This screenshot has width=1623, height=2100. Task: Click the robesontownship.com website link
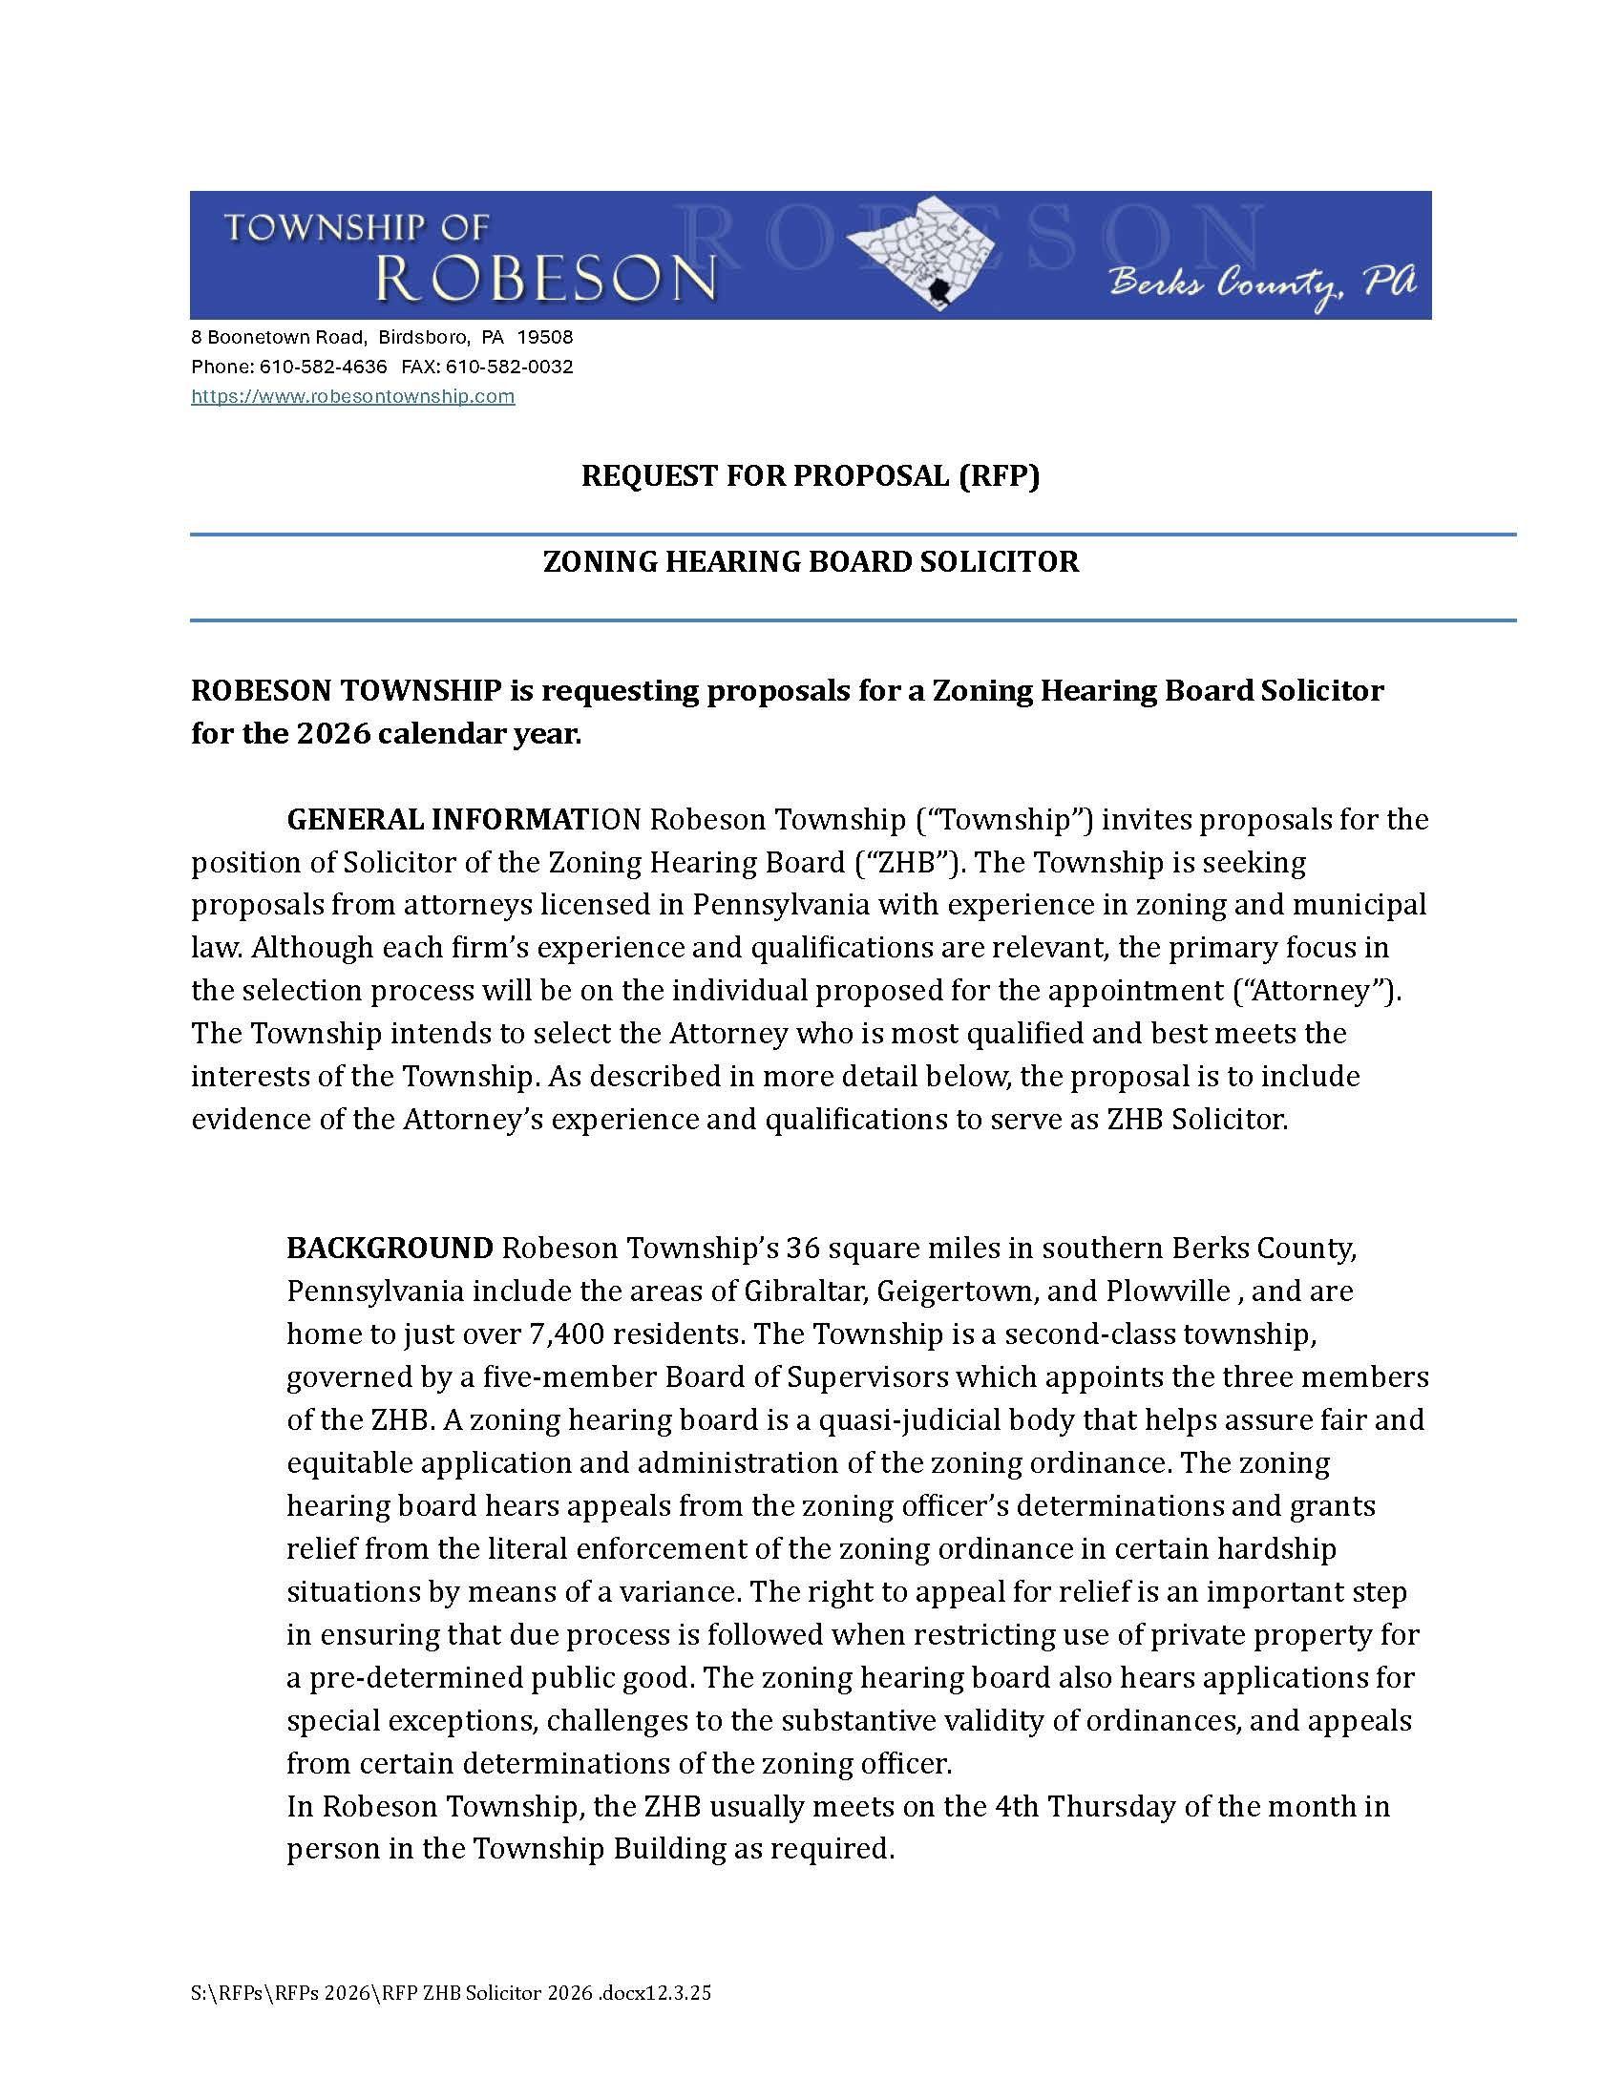pos(353,396)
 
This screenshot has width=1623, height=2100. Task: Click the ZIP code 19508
pos(545,338)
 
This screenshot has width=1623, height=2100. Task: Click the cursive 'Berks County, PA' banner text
pos(1262,284)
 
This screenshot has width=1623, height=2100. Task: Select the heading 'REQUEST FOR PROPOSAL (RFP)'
pos(811,476)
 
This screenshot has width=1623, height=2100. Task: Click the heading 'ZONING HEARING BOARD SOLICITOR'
pos(811,561)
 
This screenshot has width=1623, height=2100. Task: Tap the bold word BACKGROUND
pos(390,1249)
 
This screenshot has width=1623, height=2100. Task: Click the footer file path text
pos(451,1993)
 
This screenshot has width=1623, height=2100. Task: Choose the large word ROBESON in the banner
pos(545,278)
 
